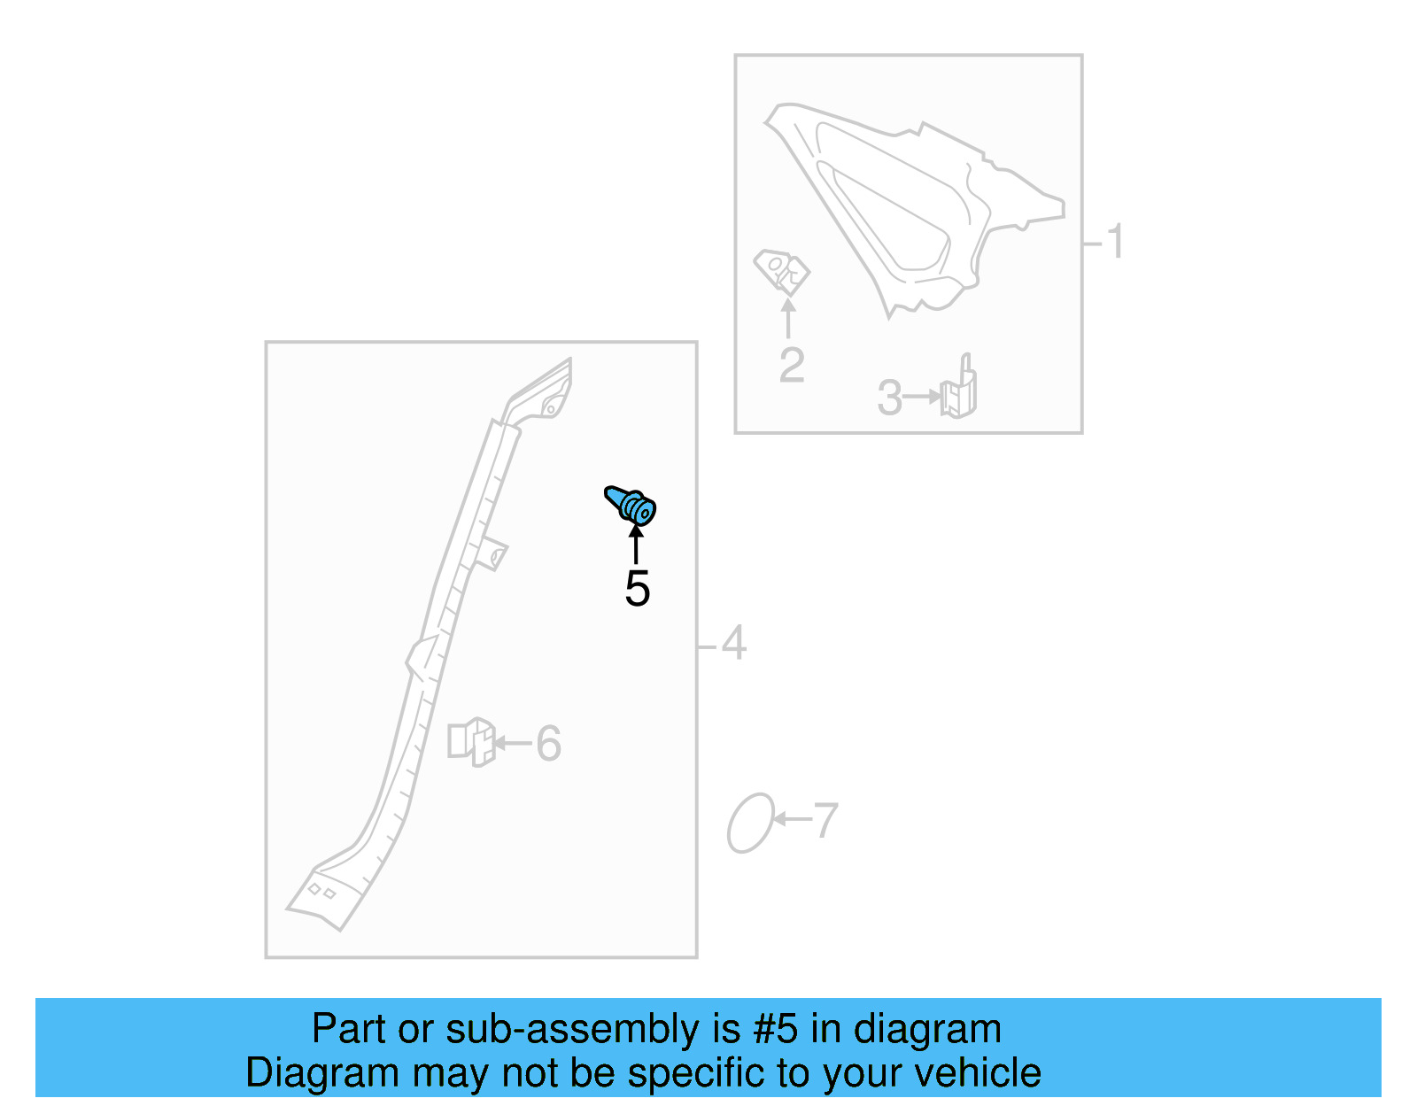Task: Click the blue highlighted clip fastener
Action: click(x=631, y=505)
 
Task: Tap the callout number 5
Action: click(x=637, y=589)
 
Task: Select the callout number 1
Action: click(x=1115, y=241)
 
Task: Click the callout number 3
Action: click(x=889, y=397)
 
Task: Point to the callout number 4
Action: click(x=733, y=643)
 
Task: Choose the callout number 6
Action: click(x=548, y=743)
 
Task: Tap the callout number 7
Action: click(x=825, y=821)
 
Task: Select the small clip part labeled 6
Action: click(x=471, y=742)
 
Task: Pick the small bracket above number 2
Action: click(x=781, y=271)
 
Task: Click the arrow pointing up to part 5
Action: click(x=636, y=544)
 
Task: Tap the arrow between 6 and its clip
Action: click(x=513, y=743)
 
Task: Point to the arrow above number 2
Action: click(x=788, y=318)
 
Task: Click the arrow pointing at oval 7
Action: click(x=793, y=818)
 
